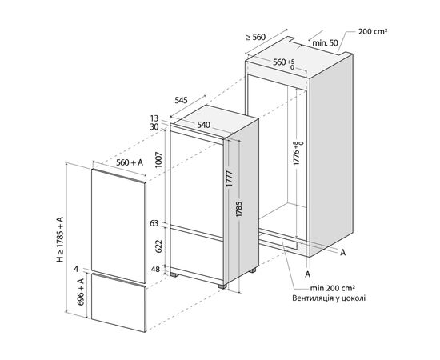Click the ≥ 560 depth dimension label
click(x=255, y=37)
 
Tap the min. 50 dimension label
click(x=325, y=43)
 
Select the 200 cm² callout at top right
click(x=373, y=31)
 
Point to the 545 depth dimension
click(x=181, y=100)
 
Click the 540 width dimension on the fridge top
click(x=203, y=125)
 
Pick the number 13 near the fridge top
click(x=154, y=118)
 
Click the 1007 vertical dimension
click(x=159, y=160)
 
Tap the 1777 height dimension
click(x=230, y=179)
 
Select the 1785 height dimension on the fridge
click(x=239, y=209)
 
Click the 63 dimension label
click(x=154, y=223)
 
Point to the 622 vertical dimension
click(x=159, y=246)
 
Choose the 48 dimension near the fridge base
click(x=155, y=270)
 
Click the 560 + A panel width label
click(x=130, y=162)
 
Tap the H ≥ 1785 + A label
click(x=60, y=240)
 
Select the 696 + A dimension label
click(x=81, y=292)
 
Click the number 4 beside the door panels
click(x=76, y=270)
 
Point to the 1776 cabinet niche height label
click(x=298, y=154)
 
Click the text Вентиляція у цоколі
click(x=329, y=298)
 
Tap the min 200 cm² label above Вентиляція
click(x=333, y=288)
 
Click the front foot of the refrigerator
click(x=222, y=286)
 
